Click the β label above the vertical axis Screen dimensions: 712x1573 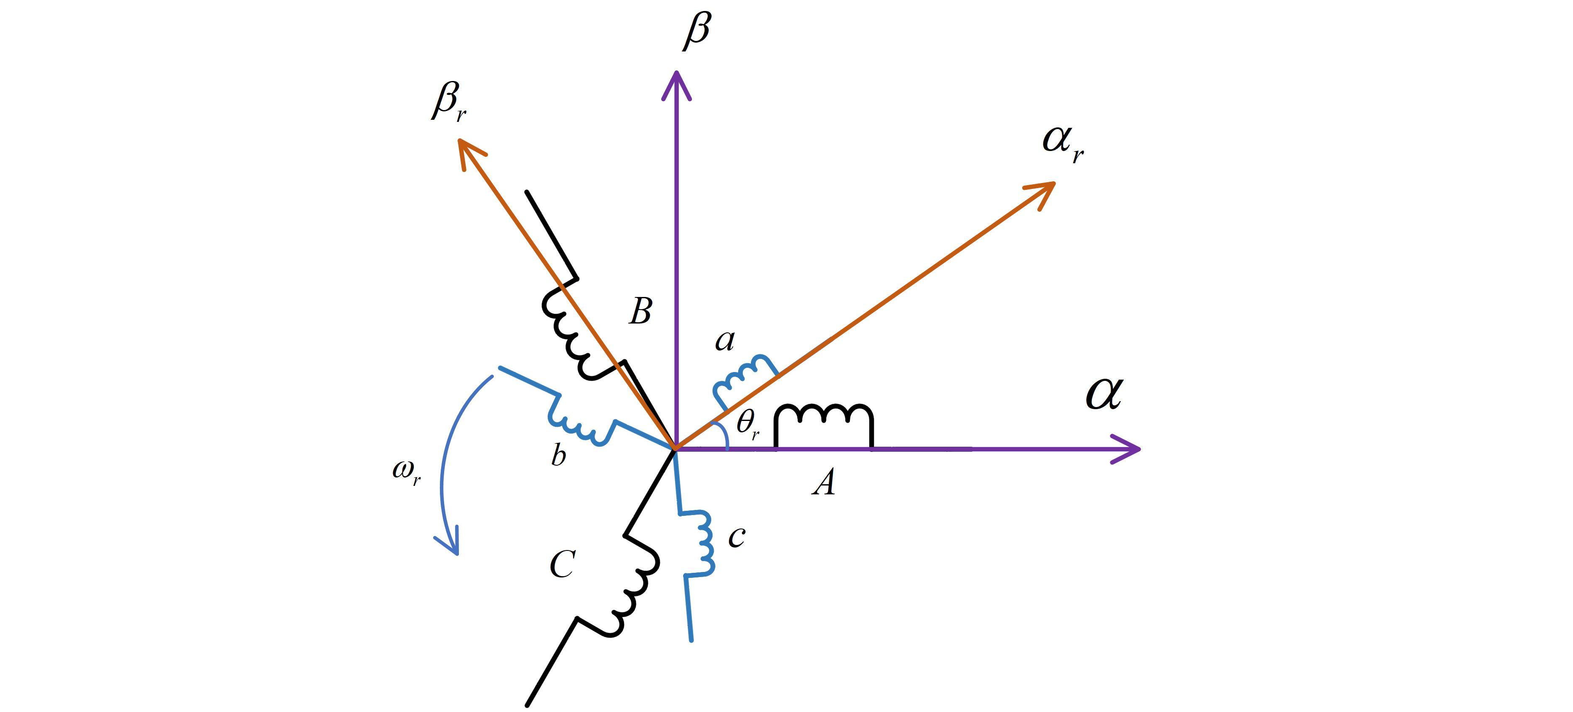point(697,30)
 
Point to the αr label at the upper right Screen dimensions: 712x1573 point(1063,143)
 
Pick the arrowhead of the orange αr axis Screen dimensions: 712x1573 point(1043,191)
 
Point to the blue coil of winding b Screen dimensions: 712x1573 point(580,422)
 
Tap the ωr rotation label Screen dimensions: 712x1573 point(407,472)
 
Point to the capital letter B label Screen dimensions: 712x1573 point(640,311)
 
